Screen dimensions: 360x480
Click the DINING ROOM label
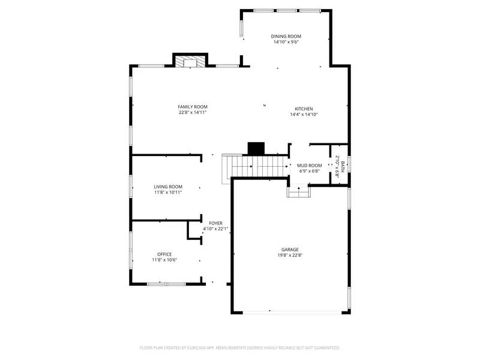(x=286, y=37)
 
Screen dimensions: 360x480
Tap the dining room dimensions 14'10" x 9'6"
(x=286, y=43)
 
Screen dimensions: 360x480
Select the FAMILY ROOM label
(x=192, y=107)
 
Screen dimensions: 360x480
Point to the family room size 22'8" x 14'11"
(x=192, y=113)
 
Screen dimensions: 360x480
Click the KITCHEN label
(x=303, y=109)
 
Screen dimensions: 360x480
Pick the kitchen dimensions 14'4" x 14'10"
(x=303, y=115)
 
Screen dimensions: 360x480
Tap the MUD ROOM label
(x=310, y=166)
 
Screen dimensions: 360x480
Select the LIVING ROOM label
(x=168, y=187)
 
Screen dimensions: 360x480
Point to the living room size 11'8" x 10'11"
(x=168, y=193)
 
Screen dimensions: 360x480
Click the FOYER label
(x=215, y=223)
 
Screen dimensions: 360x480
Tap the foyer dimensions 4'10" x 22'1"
(x=215, y=229)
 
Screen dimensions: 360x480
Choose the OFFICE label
(x=164, y=254)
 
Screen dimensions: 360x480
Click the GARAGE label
(x=290, y=250)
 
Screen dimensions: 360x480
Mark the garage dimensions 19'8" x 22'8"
(x=290, y=256)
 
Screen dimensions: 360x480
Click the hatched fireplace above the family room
(x=190, y=61)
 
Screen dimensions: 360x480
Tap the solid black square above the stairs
(x=256, y=148)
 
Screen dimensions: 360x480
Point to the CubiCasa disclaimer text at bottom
(x=240, y=347)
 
